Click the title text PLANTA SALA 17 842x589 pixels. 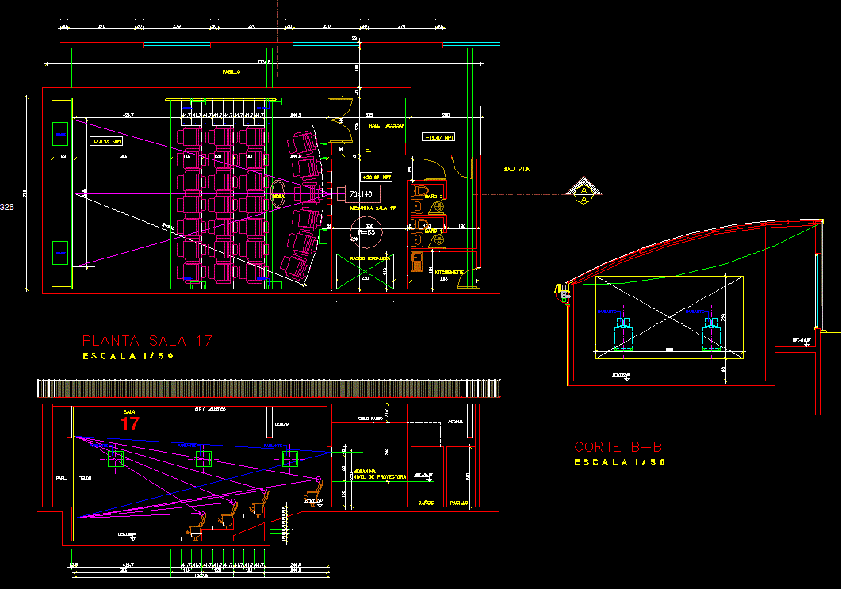click(147, 341)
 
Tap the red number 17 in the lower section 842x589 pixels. click(130, 424)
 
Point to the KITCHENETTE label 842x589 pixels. click(450, 271)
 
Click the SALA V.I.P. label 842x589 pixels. click(516, 170)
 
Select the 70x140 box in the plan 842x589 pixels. click(362, 194)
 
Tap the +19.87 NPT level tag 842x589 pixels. click(438, 137)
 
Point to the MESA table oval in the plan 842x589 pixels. click(278, 196)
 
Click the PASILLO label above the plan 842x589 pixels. click(232, 72)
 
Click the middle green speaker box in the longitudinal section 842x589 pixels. click(204, 457)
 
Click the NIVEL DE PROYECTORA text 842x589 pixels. click(384, 477)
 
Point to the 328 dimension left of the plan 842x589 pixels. click(7, 207)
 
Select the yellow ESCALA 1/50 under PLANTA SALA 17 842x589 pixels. click(128, 357)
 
